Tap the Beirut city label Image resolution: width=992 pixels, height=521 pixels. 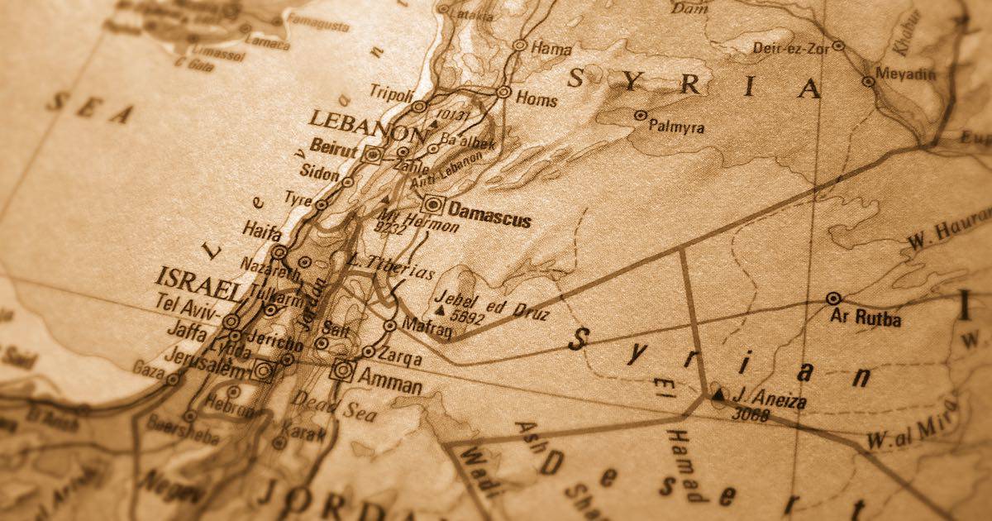point(334,150)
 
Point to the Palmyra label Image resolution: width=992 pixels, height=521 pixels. point(676,127)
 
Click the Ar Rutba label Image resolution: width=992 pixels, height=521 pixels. point(866,318)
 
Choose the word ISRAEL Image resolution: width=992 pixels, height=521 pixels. point(198,283)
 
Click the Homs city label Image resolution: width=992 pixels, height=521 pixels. point(537,98)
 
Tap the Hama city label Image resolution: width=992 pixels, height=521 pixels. point(551,48)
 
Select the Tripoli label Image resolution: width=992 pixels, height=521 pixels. point(390,91)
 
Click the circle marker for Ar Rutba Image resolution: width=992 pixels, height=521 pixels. point(833,299)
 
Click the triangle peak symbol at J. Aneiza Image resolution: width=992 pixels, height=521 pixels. point(718,395)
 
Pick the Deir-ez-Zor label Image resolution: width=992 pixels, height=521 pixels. point(791,48)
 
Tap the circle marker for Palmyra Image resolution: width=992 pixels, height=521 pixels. point(640,116)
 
